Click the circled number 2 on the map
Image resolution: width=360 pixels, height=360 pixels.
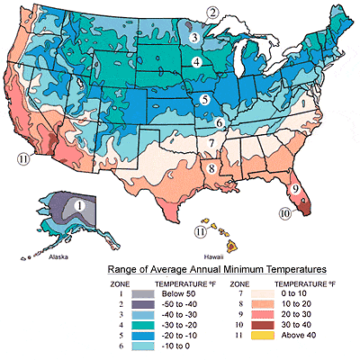click(x=213, y=12)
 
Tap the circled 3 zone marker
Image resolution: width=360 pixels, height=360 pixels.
click(x=195, y=37)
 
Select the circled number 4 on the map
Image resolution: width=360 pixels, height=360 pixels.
click(x=196, y=61)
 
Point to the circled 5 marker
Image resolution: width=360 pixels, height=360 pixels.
click(x=205, y=99)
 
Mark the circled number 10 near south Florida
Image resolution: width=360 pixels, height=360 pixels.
click(x=285, y=214)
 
